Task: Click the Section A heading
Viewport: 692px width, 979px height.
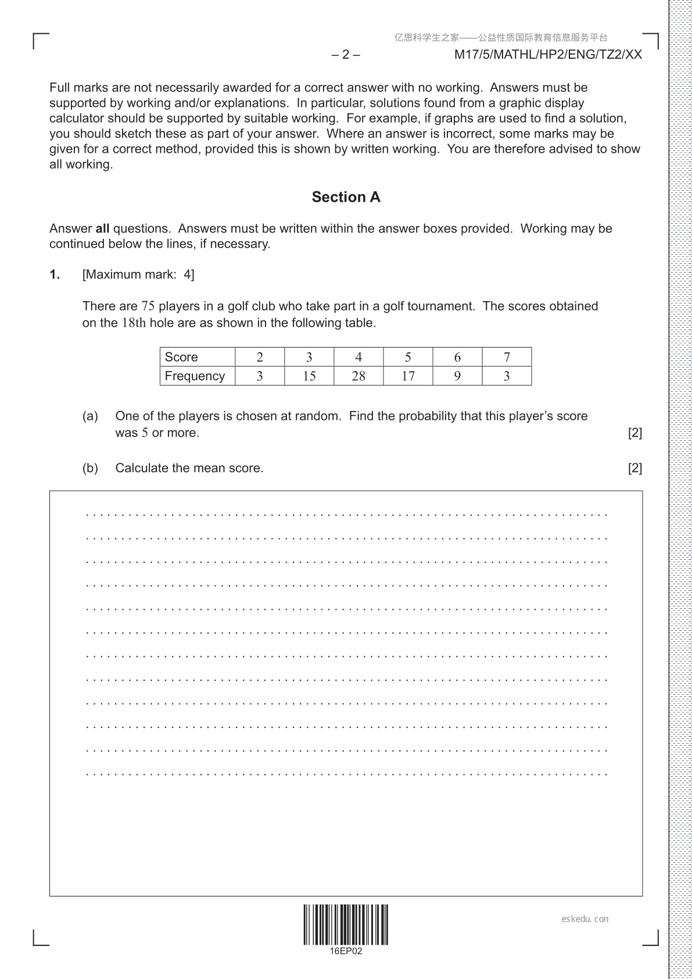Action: click(x=346, y=197)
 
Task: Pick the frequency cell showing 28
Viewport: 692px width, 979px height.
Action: click(x=358, y=376)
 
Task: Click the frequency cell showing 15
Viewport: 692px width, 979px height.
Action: click(x=309, y=376)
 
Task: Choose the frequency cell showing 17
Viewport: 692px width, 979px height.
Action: click(x=408, y=376)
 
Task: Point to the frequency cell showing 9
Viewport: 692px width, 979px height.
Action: click(x=457, y=376)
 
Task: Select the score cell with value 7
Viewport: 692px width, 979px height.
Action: click(x=507, y=357)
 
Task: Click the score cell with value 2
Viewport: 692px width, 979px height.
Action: click(x=260, y=357)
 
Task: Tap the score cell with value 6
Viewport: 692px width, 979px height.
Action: click(x=457, y=357)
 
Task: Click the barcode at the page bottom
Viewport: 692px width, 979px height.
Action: click(x=346, y=924)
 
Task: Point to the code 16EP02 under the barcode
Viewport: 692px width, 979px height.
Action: click(x=346, y=952)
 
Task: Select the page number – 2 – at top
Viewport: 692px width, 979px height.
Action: click(x=346, y=55)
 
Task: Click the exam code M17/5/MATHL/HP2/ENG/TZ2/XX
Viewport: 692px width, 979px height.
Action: click(x=548, y=55)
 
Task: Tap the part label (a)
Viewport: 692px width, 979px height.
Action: click(x=90, y=416)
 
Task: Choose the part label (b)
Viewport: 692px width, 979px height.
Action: click(x=90, y=468)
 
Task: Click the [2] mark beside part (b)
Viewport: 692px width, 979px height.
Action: click(x=635, y=468)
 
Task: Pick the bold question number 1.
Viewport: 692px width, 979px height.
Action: click(x=55, y=274)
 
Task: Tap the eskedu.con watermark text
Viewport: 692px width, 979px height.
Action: click(x=585, y=919)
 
